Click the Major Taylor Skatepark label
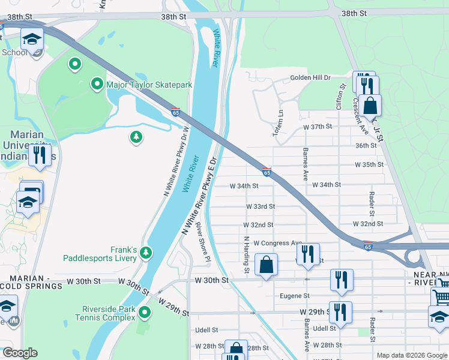149,85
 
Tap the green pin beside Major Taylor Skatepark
96,84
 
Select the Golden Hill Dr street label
310,78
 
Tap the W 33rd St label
261,206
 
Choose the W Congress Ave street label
277,243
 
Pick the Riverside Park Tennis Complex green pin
145,313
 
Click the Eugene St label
295,296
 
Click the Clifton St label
340,95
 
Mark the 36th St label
366,145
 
